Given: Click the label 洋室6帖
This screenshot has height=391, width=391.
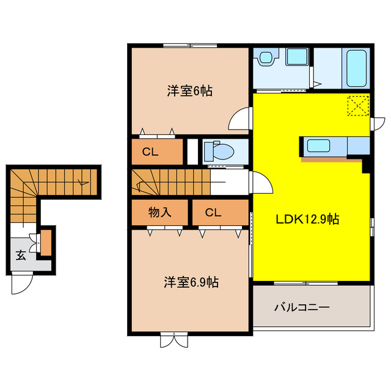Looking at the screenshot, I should pyautogui.click(x=190, y=91).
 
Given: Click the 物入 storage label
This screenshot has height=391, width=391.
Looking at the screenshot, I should pyautogui.click(x=159, y=213).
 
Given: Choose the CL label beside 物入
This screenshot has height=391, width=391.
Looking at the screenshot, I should pyautogui.click(x=213, y=213).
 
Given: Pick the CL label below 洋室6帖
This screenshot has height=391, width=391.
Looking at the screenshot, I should pyautogui.click(x=151, y=152).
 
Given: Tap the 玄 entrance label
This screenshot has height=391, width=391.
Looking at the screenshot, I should pyautogui.click(x=21, y=255).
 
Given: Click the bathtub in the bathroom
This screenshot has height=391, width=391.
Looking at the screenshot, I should pyautogui.click(x=357, y=68).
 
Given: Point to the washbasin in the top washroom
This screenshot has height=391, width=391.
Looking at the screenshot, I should pyautogui.click(x=266, y=59).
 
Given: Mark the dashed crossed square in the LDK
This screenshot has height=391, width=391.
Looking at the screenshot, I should pyautogui.click(x=357, y=106).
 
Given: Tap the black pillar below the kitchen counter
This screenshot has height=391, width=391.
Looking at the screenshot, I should pyautogui.click(x=367, y=164).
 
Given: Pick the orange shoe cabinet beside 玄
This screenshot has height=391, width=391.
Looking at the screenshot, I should pyautogui.click(x=46, y=243).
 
